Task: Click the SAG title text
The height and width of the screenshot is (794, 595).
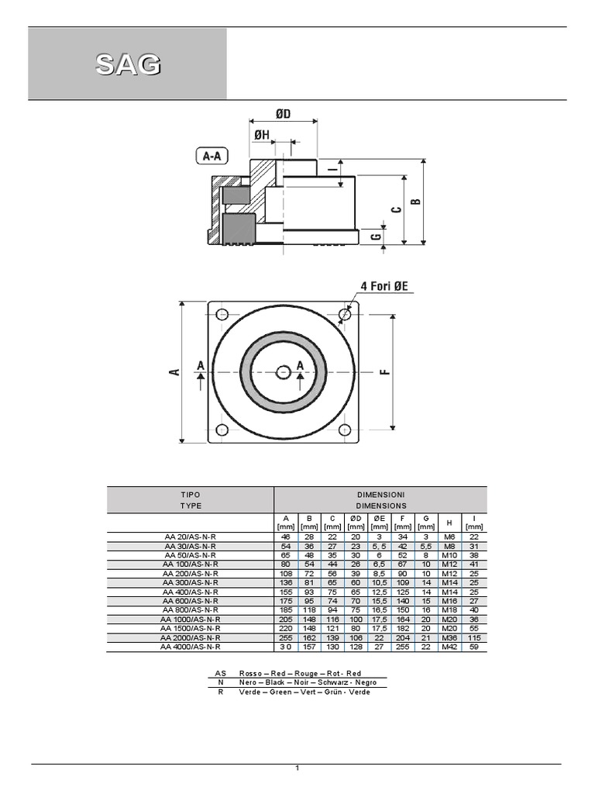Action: pyautogui.click(x=128, y=65)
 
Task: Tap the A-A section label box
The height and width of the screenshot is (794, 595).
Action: pyautogui.click(x=212, y=157)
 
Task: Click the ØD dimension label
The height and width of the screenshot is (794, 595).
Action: pyautogui.click(x=283, y=114)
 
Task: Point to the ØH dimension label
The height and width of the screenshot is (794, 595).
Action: pyautogui.click(x=261, y=135)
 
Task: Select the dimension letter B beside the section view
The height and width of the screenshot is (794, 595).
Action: pyautogui.click(x=415, y=201)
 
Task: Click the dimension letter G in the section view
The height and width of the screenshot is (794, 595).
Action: pyautogui.click(x=375, y=237)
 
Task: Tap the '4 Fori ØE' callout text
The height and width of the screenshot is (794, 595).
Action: pyautogui.click(x=387, y=287)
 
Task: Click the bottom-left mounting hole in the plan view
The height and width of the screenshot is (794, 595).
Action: pyautogui.click(x=222, y=430)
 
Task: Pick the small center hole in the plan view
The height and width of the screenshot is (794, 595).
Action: pyautogui.click(x=283, y=373)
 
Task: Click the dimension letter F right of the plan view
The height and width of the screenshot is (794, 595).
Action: pyautogui.click(x=384, y=371)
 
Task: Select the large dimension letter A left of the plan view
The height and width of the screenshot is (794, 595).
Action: pyautogui.click(x=174, y=372)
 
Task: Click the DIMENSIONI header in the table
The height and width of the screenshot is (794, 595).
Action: pyautogui.click(x=380, y=494)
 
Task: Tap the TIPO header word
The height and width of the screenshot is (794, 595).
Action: pyautogui.click(x=190, y=494)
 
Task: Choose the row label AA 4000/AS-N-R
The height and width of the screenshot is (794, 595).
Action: pyautogui.click(x=190, y=646)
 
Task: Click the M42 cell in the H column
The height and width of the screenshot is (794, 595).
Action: pyautogui.click(x=449, y=646)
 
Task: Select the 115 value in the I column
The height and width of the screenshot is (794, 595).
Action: pyautogui.click(x=474, y=638)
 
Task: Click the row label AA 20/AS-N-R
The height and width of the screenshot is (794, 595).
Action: pyautogui.click(x=190, y=537)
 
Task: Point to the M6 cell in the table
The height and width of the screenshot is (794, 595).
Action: pyautogui.click(x=449, y=537)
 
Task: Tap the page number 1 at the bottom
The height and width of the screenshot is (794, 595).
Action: pyautogui.click(x=297, y=768)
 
